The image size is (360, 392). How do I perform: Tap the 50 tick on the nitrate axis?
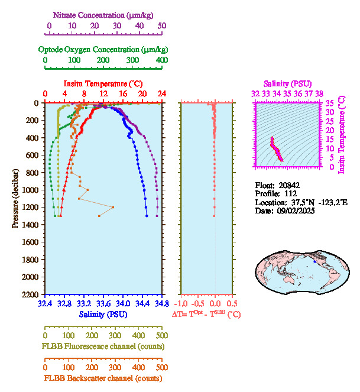[x=162, y=26]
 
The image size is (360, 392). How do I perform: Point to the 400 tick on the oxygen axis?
[x=161, y=60]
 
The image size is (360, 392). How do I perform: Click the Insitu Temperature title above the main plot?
[x=103, y=83]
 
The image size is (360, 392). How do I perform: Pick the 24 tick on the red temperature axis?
[x=161, y=94]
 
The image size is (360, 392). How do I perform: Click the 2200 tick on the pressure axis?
[x=31, y=294]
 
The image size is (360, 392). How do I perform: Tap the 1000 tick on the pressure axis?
[x=31, y=190]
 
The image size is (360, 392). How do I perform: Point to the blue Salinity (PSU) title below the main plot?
[x=103, y=315]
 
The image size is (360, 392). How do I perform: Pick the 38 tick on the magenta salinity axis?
[x=319, y=93]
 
